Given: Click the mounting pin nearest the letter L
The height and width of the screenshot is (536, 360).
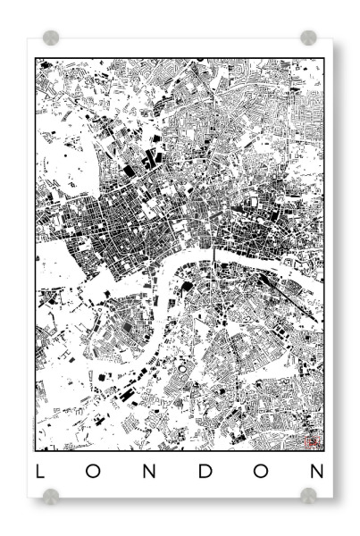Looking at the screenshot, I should [x=51, y=494].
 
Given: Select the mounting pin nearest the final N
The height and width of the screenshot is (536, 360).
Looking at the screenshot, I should [x=309, y=494].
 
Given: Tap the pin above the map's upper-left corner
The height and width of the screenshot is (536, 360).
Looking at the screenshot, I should [x=51, y=38].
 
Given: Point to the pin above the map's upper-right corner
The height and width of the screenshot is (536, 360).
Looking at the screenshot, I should [x=309, y=38].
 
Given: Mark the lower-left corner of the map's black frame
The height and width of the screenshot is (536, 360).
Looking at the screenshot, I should [x=36, y=450].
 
